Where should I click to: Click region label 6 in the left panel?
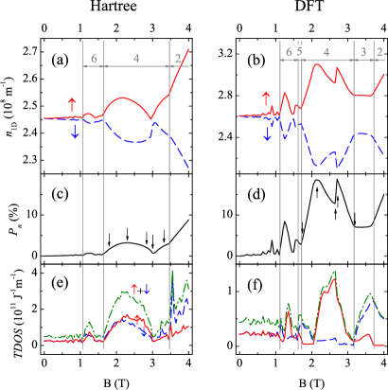(94, 59)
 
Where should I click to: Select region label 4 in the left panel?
(136, 59)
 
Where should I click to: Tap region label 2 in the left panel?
(178, 59)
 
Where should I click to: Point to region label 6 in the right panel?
(289, 52)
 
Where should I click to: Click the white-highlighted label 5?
(300, 52)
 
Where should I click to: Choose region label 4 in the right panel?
(326, 52)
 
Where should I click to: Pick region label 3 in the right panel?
(362, 52)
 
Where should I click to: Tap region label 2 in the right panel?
(379, 52)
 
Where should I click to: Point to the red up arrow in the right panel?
(266, 99)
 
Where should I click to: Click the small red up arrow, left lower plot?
(134, 288)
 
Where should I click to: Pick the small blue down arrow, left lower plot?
(147, 288)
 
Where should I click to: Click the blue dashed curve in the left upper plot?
(132, 141)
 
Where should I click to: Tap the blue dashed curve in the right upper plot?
(322, 162)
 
